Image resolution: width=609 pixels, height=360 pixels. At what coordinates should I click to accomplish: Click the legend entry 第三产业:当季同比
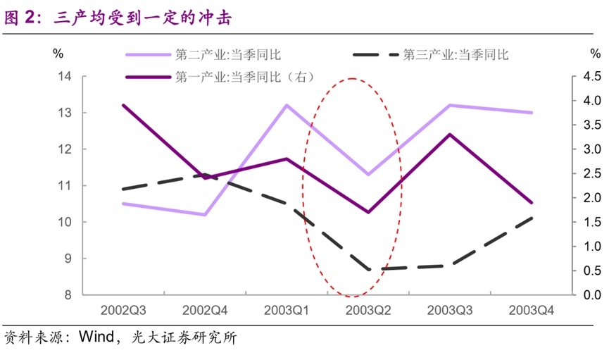pos(455,54)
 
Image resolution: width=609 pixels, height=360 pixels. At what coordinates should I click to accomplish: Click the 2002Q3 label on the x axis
pos(123,310)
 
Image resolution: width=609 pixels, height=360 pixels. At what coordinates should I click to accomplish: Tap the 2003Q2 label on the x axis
pos(368,310)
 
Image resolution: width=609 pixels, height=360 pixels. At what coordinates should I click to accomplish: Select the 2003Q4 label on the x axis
pos(531,310)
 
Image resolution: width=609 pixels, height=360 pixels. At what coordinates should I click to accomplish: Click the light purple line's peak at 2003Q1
pos(287,105)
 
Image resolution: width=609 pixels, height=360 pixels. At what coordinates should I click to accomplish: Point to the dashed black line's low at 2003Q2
pos(368,269)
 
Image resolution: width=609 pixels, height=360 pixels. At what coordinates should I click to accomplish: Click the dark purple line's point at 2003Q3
pos(450,134)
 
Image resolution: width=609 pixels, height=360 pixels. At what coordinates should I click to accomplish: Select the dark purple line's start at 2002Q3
pos(123,105)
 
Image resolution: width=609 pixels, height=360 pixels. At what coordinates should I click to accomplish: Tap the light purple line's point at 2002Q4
pos(205,215)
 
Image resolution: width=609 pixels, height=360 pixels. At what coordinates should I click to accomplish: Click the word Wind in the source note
pos(96,337)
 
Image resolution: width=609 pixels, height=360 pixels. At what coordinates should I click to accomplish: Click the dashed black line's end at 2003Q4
pos(531,218)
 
